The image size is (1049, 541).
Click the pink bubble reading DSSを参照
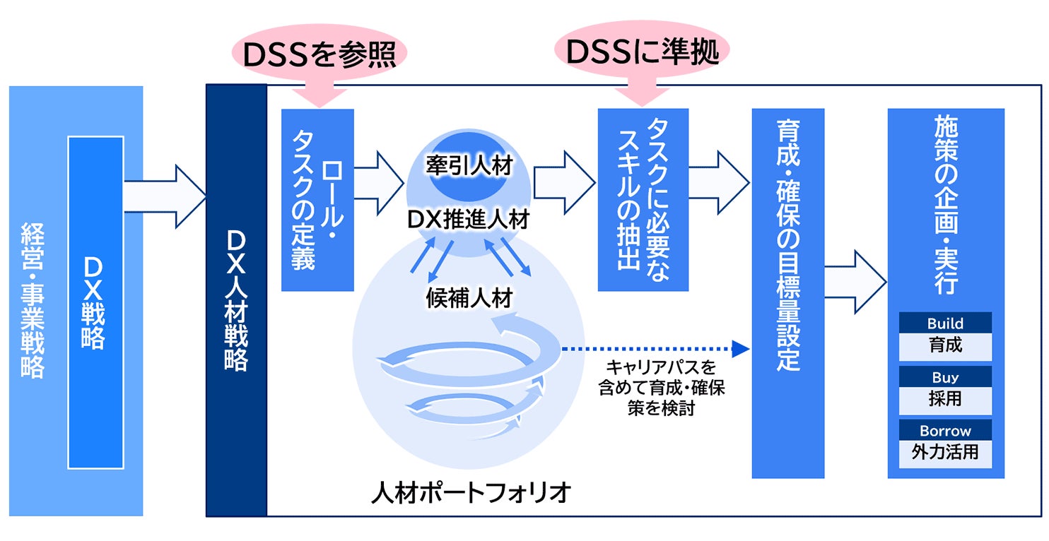[x=320, y=54]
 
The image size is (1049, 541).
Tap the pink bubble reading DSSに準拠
[x=642, y=52]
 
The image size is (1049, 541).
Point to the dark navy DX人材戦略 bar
[x=236, y=300]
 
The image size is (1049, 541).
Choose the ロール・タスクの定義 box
[x=317, y=200]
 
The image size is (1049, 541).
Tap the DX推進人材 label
[x=468, y=220]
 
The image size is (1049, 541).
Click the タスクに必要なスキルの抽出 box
[x=643, y=200]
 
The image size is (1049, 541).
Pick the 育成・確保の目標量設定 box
[x=787, y=293]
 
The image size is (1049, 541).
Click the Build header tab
[x=945, y=323]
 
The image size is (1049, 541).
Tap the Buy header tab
[x=945, y=376]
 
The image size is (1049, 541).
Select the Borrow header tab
[x=945, y=430]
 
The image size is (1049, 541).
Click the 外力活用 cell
[x=945, y=452]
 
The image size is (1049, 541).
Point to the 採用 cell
[x=945, y=399]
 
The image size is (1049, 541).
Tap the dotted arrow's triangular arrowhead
[x=741, y=347]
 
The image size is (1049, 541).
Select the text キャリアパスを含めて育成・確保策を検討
[x=661, y=388]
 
